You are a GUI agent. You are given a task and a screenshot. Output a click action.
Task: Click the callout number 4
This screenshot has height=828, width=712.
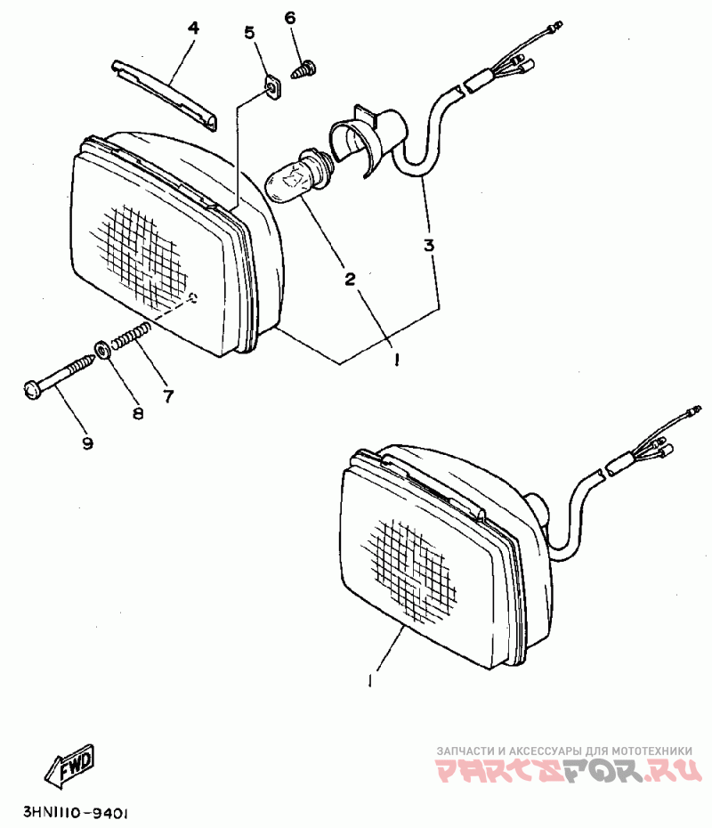point(193,28)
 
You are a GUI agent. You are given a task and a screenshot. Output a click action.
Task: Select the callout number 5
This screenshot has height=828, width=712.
point(249,33)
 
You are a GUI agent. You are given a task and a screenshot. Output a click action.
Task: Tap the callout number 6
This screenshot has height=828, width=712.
point(289,19)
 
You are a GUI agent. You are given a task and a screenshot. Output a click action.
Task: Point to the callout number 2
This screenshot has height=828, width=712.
point(351,279)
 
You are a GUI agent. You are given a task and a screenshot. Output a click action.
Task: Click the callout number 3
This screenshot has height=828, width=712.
point(429,245)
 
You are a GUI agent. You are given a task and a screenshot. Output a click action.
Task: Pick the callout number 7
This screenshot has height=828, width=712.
point(168,394)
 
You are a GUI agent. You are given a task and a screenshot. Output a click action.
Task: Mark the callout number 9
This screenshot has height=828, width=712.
point(87,443)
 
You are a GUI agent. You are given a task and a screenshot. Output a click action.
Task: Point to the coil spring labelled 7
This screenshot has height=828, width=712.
point(132,339)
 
